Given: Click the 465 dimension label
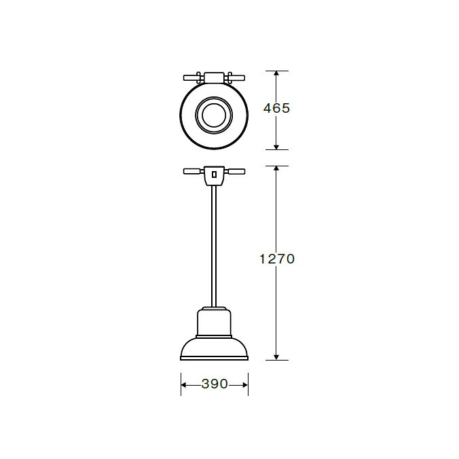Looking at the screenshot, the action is [276, 108].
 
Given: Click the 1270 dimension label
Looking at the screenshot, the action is [277, 259].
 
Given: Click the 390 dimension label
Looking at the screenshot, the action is [215, 384].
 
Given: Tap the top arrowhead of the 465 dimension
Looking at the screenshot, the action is [276, 73].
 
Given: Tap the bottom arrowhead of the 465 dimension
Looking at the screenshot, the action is [276, 147].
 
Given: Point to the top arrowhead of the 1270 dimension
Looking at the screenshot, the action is [276, 168].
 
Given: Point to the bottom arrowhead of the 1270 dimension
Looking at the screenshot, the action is [276, 357].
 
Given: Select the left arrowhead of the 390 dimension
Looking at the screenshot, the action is [184, 385].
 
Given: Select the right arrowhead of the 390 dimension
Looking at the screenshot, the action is [245, 385].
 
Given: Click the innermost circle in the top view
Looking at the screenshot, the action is [214, 103].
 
